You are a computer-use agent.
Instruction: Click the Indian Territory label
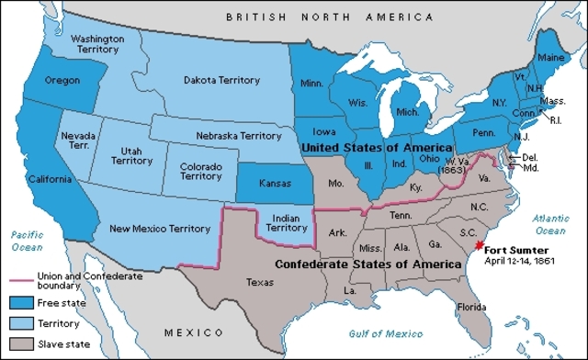point(285,223)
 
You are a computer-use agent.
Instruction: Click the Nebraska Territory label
point(238,135)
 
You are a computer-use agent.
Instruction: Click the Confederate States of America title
point(368,264)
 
